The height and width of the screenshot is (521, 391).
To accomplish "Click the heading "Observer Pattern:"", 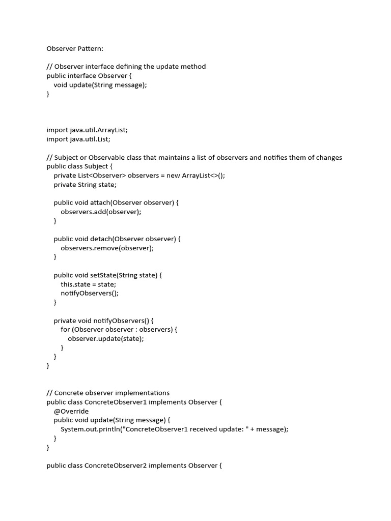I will click(x=75, y=49).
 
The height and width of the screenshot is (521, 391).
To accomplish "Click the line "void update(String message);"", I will click(x=100, y=85).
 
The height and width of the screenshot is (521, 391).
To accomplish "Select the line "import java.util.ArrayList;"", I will click(x=87, y=130).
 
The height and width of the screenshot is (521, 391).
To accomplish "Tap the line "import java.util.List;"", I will click(x=78, y=139).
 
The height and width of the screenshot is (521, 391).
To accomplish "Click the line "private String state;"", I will click(x=85, y=185).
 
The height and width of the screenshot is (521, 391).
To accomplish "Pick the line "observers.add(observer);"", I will click(x=101, y=212).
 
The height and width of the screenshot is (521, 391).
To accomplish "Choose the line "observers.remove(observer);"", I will click(x=107, y=248).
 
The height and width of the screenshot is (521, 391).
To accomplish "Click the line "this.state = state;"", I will click(x=89, y=284).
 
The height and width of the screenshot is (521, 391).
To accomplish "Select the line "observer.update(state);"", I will click(x=106, y=338).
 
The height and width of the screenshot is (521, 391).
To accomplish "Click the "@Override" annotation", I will click(x=71, y=411).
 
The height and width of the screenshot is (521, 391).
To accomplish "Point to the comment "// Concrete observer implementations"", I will click(x=108, y=393).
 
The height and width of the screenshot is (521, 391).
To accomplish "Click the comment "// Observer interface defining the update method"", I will click(x=126, y=67).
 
